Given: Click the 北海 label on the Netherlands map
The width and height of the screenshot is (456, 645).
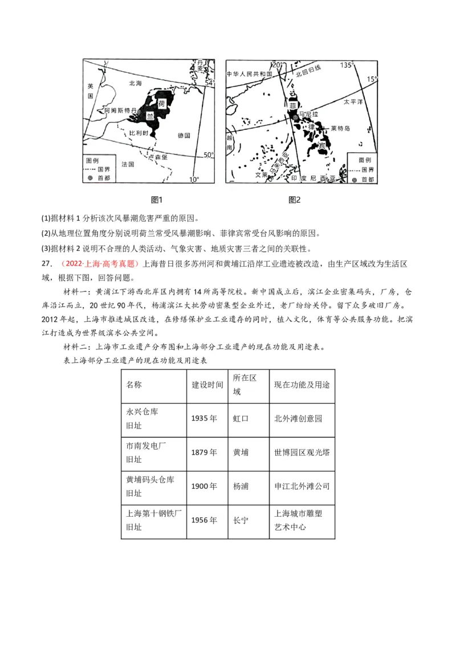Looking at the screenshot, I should pyautogui.click(x=135, y=83).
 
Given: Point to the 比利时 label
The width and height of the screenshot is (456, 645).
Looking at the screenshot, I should pyautogui.click(x=139, y=132).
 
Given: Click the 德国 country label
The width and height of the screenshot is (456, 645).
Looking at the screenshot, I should pyautogui.click(x=184, y=136).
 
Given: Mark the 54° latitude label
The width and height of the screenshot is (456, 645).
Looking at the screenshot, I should pyautogui.click(x=209, y=83).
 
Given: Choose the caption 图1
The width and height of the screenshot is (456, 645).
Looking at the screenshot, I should pyautogui.click(x=156, y=199).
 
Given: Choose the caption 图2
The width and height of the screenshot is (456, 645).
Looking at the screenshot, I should pyautogui.click(x=294, y=199).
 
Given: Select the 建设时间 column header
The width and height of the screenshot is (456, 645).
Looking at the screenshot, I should pyautogui.click(x=207, y=385).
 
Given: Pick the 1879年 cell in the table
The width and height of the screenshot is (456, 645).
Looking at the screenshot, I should pyautogui.click(x=204, y=452).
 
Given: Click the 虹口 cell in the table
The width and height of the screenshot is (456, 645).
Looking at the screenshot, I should pyautogui.click(x=241, y=418).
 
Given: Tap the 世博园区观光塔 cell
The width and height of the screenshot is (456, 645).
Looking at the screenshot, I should pyautogui.click(x=302, y=452).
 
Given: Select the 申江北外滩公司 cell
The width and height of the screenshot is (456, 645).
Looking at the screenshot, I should pyautogui.click(x=302, y=487).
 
